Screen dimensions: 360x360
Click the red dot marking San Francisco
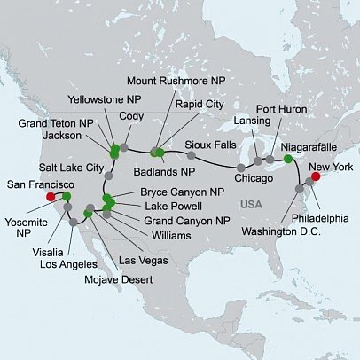click(x=51, y=197)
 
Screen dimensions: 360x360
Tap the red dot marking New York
click(x=317, y=176)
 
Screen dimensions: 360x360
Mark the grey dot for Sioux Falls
click(x=192, y=155)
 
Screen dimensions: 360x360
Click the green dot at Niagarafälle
click(x=287, y=159)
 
